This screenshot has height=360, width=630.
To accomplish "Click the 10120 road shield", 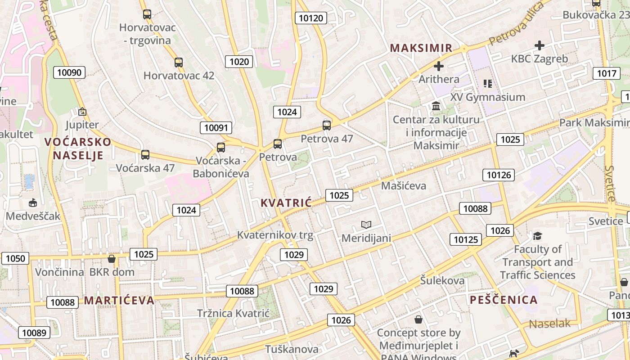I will click(x=310, y=18).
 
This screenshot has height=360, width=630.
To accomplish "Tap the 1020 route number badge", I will click(x=239, y=62).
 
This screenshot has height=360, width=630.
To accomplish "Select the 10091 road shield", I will click(x=216, y=127).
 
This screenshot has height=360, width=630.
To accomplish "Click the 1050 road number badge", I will click(x=16, y=258).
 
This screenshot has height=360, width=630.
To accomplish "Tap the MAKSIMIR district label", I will click(x=421, y=48).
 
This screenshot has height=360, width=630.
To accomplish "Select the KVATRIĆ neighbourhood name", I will click(x=286, y=202).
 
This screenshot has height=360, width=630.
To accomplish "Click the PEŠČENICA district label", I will click(x=504, y=300).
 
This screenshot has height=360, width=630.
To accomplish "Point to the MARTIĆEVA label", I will click(x=119, y=300).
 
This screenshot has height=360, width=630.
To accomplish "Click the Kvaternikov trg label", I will click(x=275, y=234).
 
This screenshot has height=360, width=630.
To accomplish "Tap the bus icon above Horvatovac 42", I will click(x=179, y=63).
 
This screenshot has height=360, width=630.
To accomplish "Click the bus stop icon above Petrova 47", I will click(x=327, y=126).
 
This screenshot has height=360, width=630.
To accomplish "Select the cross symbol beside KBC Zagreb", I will click(x=539, y=45).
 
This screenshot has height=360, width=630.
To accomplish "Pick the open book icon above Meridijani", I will click(x=366, y=225).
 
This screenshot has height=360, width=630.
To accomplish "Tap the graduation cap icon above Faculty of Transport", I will click(x=537, y=236).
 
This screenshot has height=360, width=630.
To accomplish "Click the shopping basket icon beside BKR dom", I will click(x=112, y=259).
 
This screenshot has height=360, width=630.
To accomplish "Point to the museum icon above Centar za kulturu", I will click(x=436, y=106).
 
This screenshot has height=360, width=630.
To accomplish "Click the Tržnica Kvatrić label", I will click(x=233, y=313).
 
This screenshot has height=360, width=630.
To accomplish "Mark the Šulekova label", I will click(x=442, y=280).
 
